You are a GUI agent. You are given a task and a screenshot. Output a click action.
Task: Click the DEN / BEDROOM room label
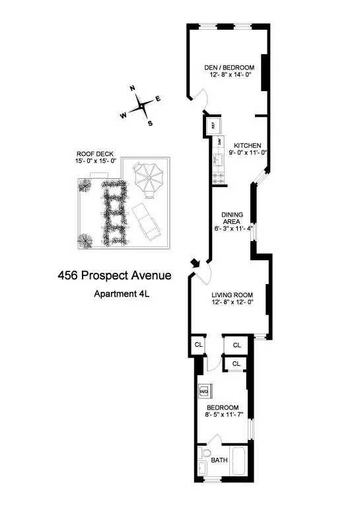(228, 67)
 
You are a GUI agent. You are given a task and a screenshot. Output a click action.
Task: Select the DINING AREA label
(232, 217)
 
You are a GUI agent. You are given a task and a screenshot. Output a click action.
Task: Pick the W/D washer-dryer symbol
(204, 390)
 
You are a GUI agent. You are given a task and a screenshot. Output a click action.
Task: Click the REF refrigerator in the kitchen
(214, 125)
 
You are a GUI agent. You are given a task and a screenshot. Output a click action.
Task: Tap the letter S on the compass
(150, 123)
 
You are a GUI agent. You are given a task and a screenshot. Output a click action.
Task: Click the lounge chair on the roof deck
(149, 223)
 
